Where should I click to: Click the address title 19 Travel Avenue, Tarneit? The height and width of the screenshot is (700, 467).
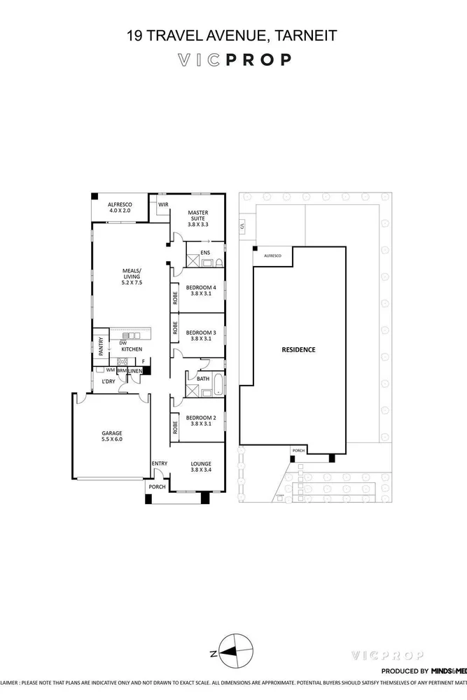point(233,34)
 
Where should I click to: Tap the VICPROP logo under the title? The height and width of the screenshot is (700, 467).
point(233,60)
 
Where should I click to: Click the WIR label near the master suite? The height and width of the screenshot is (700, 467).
point(163,204)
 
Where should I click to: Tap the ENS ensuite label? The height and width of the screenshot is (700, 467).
point(205,253)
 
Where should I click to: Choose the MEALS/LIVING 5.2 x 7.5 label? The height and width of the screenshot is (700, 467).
point(132,277)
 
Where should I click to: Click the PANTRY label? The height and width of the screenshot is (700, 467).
point(101,345)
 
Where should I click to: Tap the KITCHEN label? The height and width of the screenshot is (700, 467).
point(132,349)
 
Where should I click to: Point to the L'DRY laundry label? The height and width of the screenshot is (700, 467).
point(108,381)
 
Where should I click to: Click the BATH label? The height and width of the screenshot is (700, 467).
point(203,378)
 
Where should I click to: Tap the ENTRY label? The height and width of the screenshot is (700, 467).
point(160,463)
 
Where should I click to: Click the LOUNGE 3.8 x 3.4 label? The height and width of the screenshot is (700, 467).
point(201,467)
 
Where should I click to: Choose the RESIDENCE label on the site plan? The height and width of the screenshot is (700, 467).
point(299,349)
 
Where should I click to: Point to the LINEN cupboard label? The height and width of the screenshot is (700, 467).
point(136,370)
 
